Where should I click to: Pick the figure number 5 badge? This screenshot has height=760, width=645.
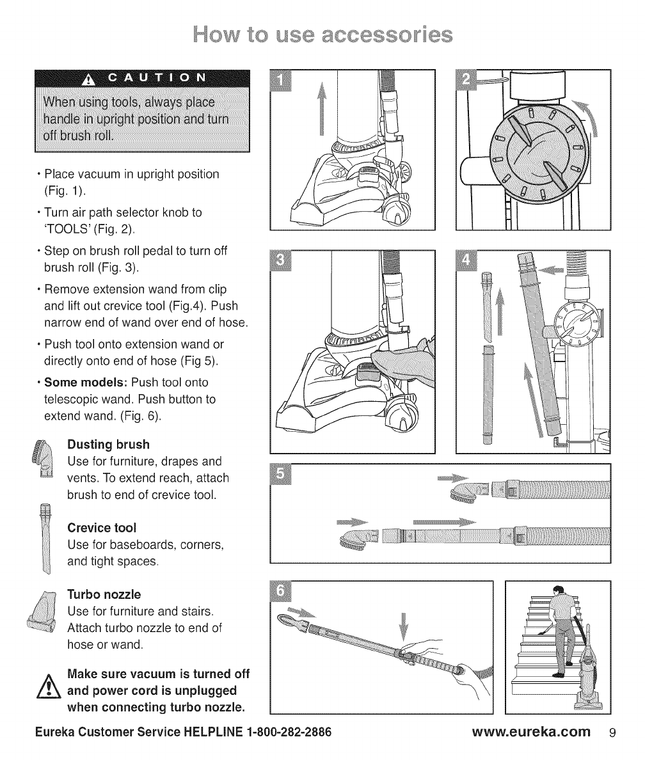point(281,475)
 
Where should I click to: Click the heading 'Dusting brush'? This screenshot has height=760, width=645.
point(108,444)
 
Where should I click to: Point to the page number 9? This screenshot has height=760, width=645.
point(611,732)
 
